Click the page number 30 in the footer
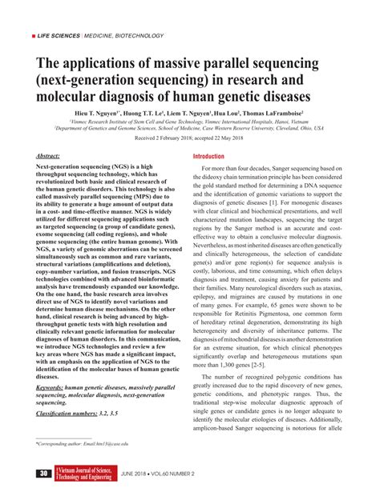pos(42,474)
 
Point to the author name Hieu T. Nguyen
pos(96,114)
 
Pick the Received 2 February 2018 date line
pos(190,138)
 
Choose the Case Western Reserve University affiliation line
pos(190,128)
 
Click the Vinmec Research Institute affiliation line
pos(190,122)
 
